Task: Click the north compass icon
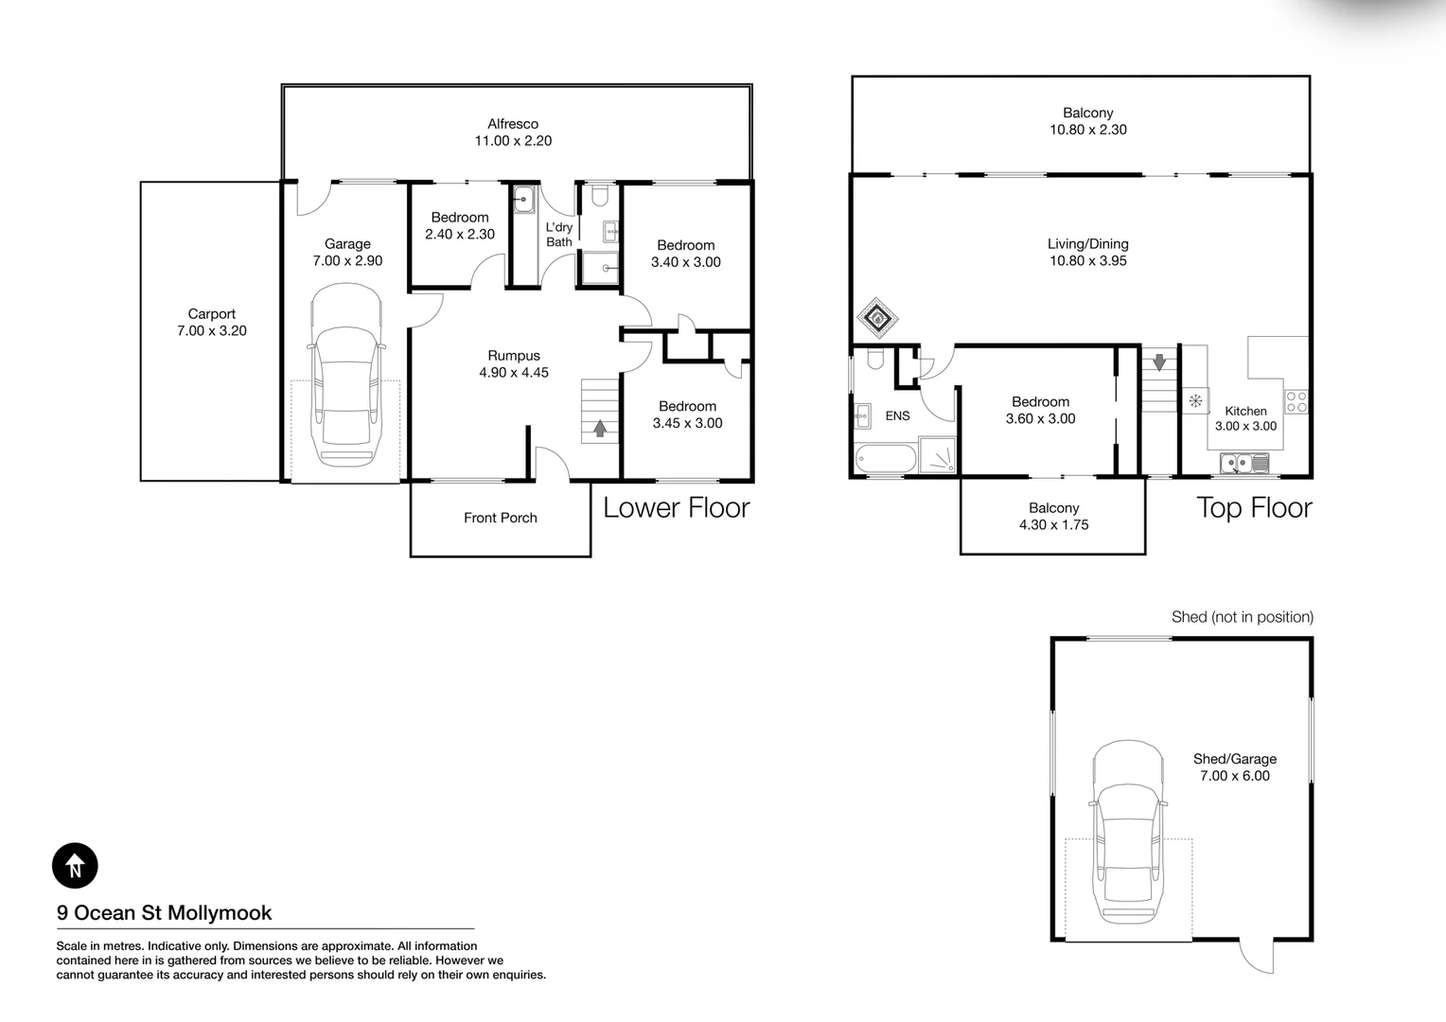tap(75, 865)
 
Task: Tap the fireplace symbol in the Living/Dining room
tap(877, 318)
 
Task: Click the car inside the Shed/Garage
tap(1128, 834)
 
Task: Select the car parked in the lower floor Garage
tap(347, 375)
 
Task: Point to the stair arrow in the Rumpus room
tap(600, 428)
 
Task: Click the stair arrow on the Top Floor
tap(1159, 362)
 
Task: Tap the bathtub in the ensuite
tap(886, 459)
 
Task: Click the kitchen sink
tap(1244, 463)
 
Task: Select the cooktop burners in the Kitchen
tap(1296, 401)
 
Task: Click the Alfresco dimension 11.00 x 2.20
tap(513, 141)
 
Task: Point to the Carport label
tap(212, 314)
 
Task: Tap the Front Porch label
tap(501, 518)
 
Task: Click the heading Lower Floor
tap(677, 508)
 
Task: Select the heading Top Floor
tap(1254, 508)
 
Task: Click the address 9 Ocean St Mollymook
tap(164, 912)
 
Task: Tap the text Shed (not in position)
tap(1243, 617)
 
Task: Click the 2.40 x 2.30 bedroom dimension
tap(460, 235)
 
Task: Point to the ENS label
tap(898, 416)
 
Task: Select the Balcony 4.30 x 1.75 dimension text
tap(1053, 525)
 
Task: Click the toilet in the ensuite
tap(875, 359)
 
